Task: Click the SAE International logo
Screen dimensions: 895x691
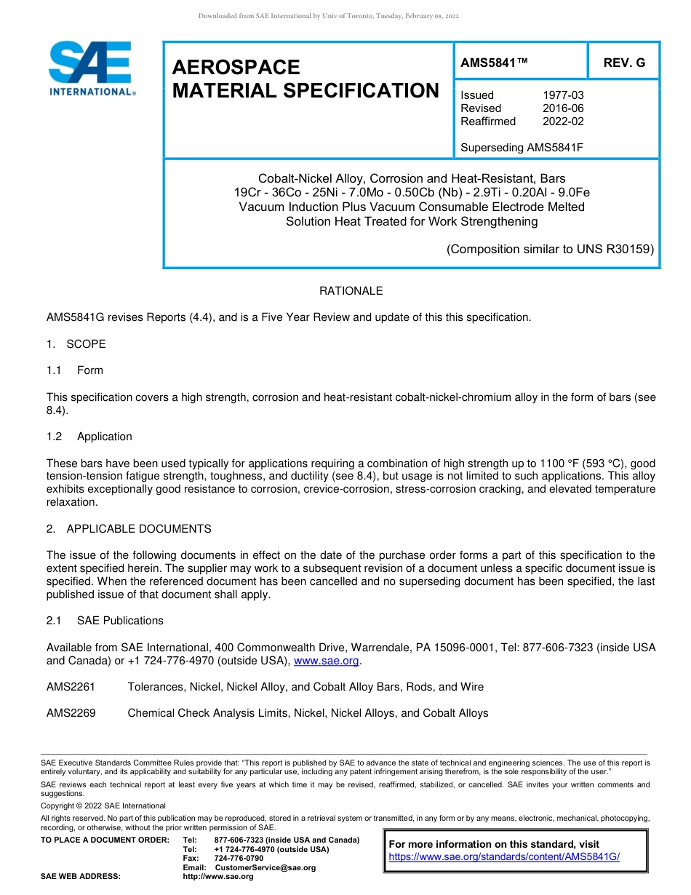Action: tap(92, 68)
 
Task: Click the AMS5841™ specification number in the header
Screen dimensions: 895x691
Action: tap(494, 63)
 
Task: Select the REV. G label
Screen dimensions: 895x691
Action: tap(623, 63)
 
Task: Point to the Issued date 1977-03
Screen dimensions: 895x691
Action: tap(562, 95)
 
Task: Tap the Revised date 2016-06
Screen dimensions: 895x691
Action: tap(562, 108)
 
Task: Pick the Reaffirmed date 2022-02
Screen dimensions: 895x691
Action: tap(562, 122)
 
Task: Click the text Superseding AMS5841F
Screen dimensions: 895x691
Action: tap(522, 148)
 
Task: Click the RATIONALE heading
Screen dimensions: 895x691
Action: tap(351, 291)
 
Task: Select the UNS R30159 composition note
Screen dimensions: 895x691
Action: tap(550, 249)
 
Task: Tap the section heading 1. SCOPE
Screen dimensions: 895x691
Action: tap(76, 344)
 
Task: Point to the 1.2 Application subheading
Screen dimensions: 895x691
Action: tap(89, 437)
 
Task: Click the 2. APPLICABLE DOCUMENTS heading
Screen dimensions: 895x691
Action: tap(129, 529)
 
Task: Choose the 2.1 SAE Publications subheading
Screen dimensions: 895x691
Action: tap(105, 621)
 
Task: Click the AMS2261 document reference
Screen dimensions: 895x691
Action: tap(71, 687)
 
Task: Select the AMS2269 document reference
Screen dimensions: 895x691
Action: tap(71, 713)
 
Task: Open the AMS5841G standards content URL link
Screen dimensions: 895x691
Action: tap(503, 856)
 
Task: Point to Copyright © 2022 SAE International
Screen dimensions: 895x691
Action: tap(103, 805)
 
